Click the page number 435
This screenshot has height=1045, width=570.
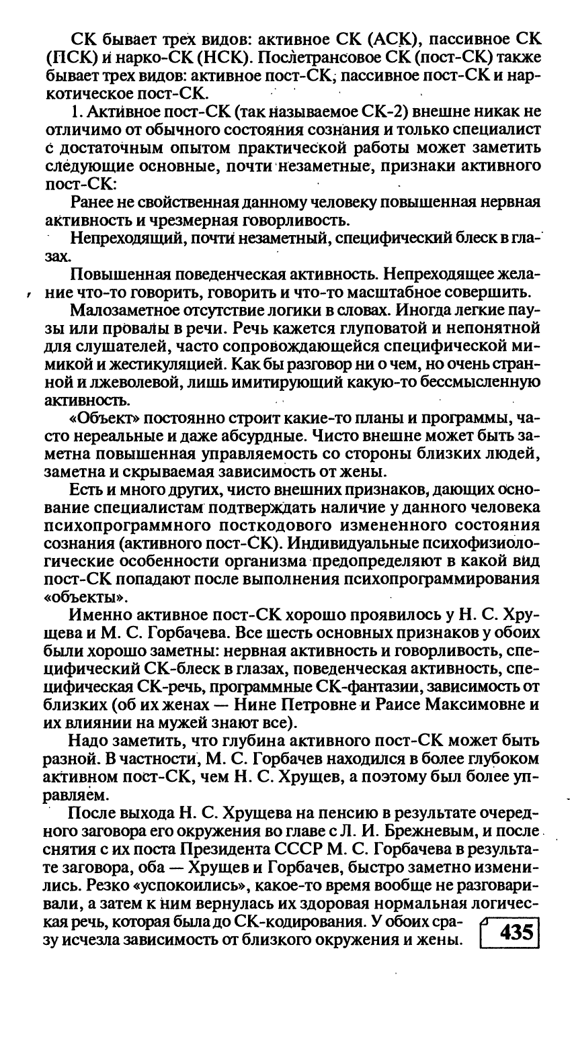tap(512, 936)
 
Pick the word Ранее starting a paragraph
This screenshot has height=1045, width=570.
tap(92, 203)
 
